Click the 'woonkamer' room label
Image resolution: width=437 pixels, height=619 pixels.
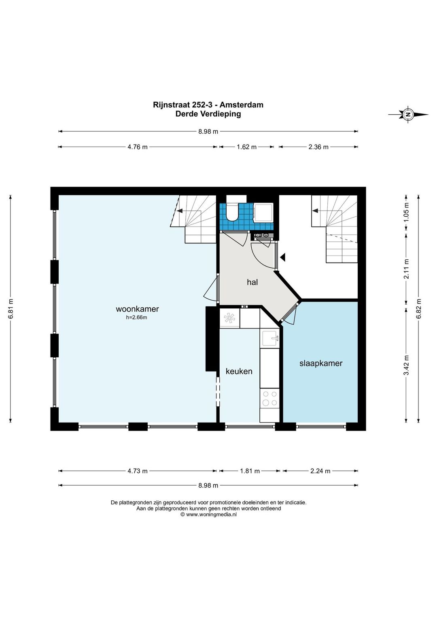(137, 309)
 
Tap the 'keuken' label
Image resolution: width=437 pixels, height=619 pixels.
(239, 371)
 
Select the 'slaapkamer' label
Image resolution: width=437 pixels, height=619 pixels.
(321, 363)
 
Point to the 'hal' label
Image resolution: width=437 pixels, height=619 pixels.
(252, 282)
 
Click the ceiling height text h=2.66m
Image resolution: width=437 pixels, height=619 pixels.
(136, 318)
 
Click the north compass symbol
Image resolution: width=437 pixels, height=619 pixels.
(408, 114)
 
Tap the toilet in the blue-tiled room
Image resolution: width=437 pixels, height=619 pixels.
(232, 210)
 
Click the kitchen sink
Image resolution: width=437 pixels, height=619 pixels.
(270, 338)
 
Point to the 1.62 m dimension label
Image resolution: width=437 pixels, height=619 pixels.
(246, 147)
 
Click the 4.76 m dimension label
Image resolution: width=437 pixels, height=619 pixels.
(138, 147)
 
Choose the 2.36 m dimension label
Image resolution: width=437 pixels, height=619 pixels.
(318, 147)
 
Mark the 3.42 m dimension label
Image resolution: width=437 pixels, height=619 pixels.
(406, 365)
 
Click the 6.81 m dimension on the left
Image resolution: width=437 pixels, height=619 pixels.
(11, 309)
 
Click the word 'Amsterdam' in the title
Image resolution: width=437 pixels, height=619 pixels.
(241, 105)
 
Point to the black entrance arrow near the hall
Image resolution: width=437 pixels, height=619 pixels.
(282, 258)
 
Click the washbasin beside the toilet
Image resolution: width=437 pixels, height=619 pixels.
(264, 212)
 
